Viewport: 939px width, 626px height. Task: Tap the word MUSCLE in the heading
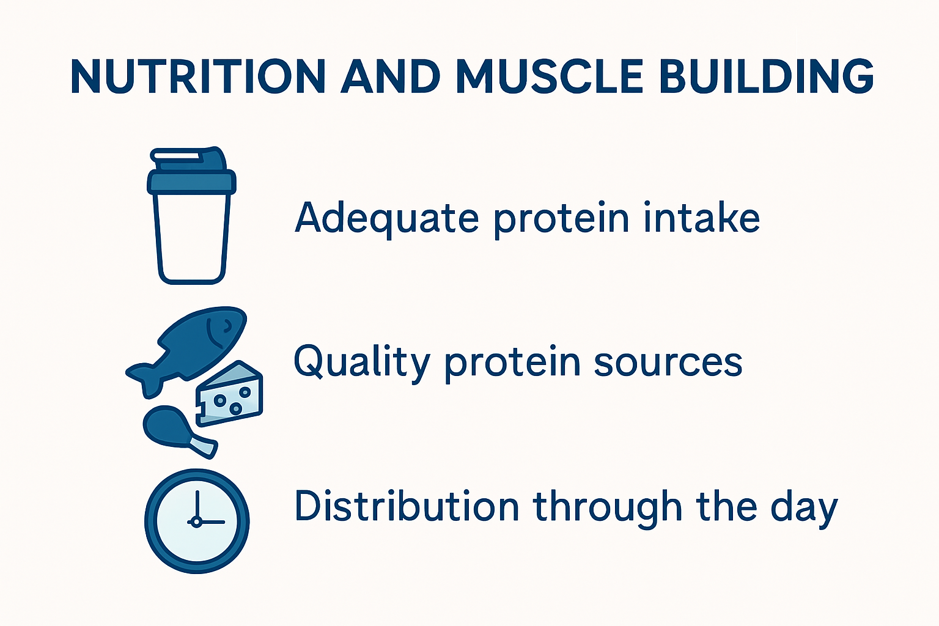click(549, 77)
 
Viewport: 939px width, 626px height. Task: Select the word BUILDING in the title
click(767, 77)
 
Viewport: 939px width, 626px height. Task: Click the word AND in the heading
click(390, 77)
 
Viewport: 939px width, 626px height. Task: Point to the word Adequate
click(386, 218)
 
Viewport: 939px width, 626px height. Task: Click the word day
click(803, 507)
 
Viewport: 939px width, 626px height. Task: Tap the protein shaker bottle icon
click(191, 220)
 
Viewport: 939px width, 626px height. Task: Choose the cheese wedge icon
click(230, 394)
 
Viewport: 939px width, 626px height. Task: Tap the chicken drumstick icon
click(174, 430)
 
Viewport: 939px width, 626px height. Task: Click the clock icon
click(197, 521)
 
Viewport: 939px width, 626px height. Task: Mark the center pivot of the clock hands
click(197, 521)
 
